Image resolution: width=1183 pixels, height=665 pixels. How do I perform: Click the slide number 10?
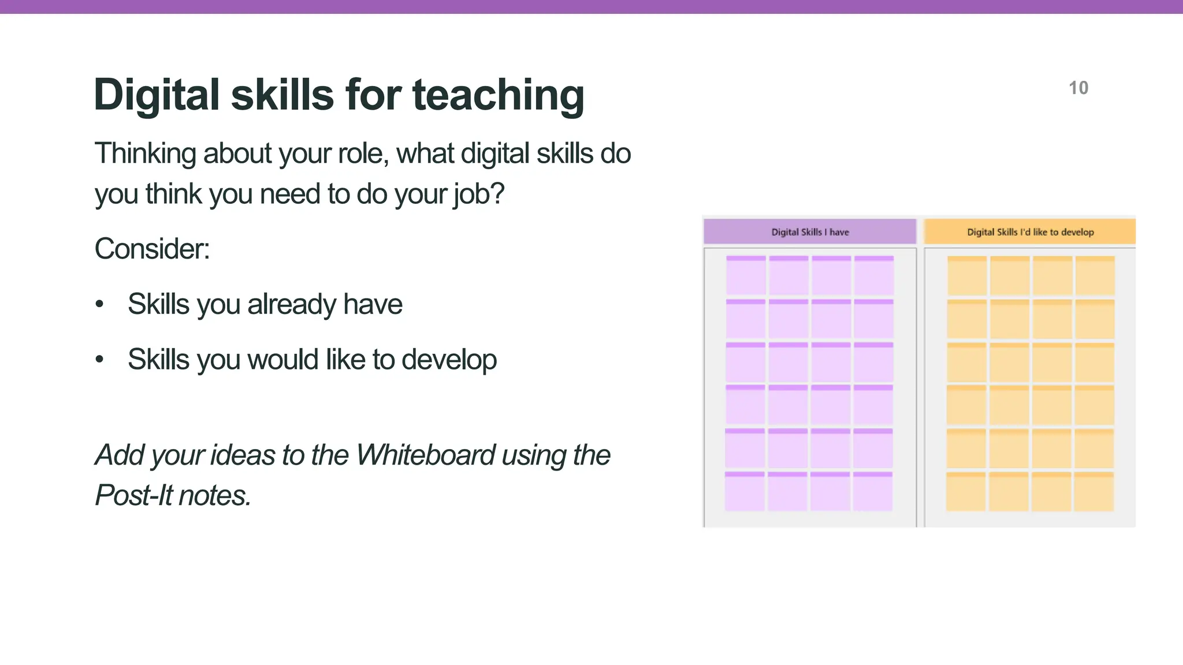1078,88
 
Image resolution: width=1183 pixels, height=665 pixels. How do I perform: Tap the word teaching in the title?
498,95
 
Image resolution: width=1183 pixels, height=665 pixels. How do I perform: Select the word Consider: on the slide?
152,249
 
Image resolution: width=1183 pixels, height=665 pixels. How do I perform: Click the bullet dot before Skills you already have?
100,304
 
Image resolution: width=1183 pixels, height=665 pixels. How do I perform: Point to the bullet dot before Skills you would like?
100,359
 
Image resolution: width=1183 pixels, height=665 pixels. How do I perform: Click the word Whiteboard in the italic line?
426,455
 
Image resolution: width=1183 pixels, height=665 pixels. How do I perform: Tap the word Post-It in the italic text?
132,495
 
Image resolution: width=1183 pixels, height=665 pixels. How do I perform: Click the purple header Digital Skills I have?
810,232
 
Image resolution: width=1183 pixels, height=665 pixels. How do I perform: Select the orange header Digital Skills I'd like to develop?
1030,232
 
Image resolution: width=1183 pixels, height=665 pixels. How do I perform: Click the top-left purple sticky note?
746,275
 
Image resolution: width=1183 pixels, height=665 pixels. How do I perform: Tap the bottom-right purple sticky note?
873,491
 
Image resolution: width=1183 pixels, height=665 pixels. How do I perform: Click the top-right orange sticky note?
1095,275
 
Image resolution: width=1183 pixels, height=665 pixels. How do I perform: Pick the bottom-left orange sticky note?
966,491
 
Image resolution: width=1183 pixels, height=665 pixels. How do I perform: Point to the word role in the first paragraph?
362,154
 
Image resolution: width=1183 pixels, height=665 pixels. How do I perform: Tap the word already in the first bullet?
291,304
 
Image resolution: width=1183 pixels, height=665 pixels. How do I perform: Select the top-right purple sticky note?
874,275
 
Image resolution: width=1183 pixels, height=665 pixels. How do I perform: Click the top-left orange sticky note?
967,275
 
